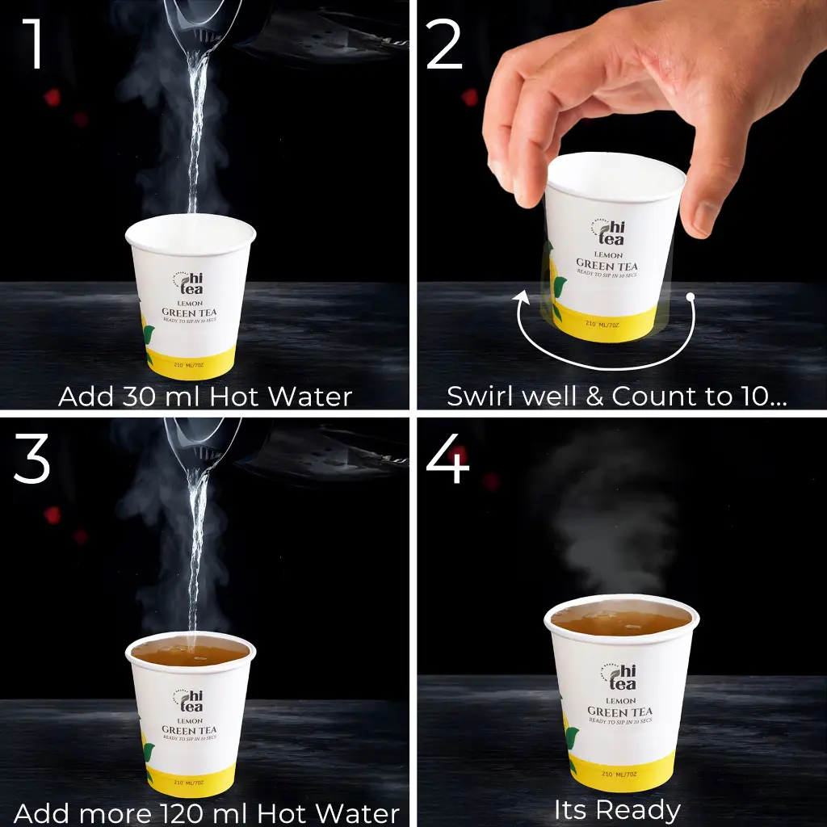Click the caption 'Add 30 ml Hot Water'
[x=205, y=397]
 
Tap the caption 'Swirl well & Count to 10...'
[x=617, y=397]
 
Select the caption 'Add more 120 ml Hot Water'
[x=207, y=812]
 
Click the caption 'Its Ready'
[x=617, y=809]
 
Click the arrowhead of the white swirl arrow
[x=523, y=300]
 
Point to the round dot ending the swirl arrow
[x=691, y=297]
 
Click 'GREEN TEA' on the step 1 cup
[x=189, y=313]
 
